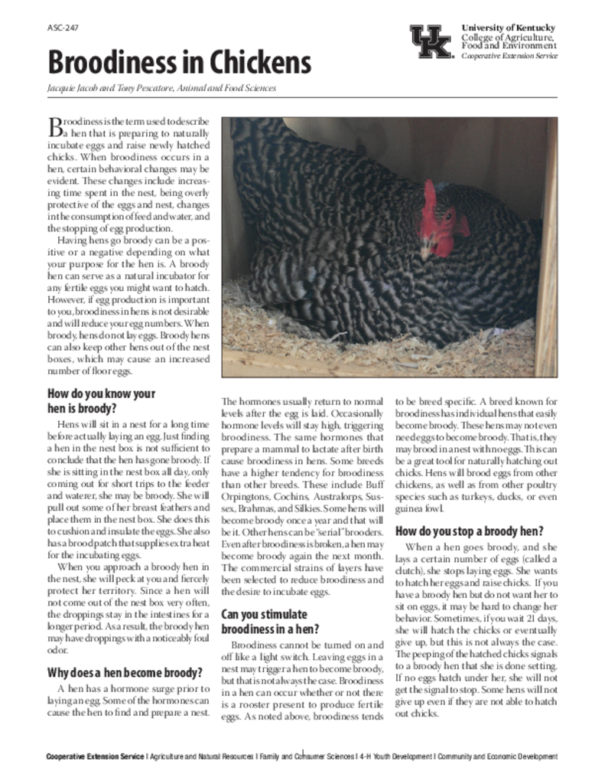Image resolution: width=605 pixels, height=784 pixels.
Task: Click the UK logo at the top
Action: coord(431,42)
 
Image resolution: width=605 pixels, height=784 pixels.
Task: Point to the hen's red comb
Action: coord(430,201)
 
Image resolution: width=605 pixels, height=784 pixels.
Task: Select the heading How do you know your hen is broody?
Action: coord(101,401)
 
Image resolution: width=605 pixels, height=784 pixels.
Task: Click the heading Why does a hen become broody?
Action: coord(125,673)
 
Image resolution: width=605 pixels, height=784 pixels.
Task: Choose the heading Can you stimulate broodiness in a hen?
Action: coord(264,621)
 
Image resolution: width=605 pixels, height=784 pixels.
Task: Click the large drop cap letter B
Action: coord(54,126)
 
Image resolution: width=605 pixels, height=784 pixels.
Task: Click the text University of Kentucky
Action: coord(509,28)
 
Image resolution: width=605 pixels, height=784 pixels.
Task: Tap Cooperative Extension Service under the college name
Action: coord(509,56)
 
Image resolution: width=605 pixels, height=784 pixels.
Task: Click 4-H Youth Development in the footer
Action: coord(395,757)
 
